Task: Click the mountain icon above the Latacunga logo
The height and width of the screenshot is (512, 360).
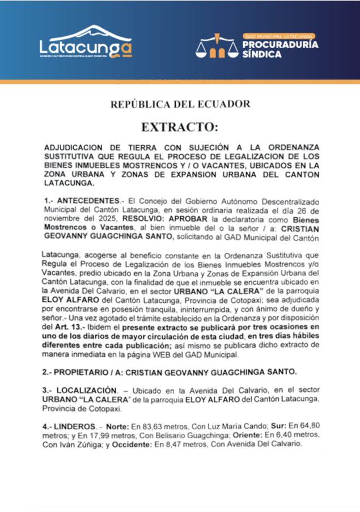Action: tap(87, 32)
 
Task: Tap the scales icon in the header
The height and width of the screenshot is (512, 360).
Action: tap(217, 48)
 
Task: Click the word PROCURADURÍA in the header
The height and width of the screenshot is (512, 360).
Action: tap(279, 44)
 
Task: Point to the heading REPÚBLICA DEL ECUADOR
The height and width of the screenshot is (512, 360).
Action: tap(180, 104)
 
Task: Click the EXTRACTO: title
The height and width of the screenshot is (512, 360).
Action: tap(180, 126)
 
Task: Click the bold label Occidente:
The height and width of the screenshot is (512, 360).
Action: tap(132, 445)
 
